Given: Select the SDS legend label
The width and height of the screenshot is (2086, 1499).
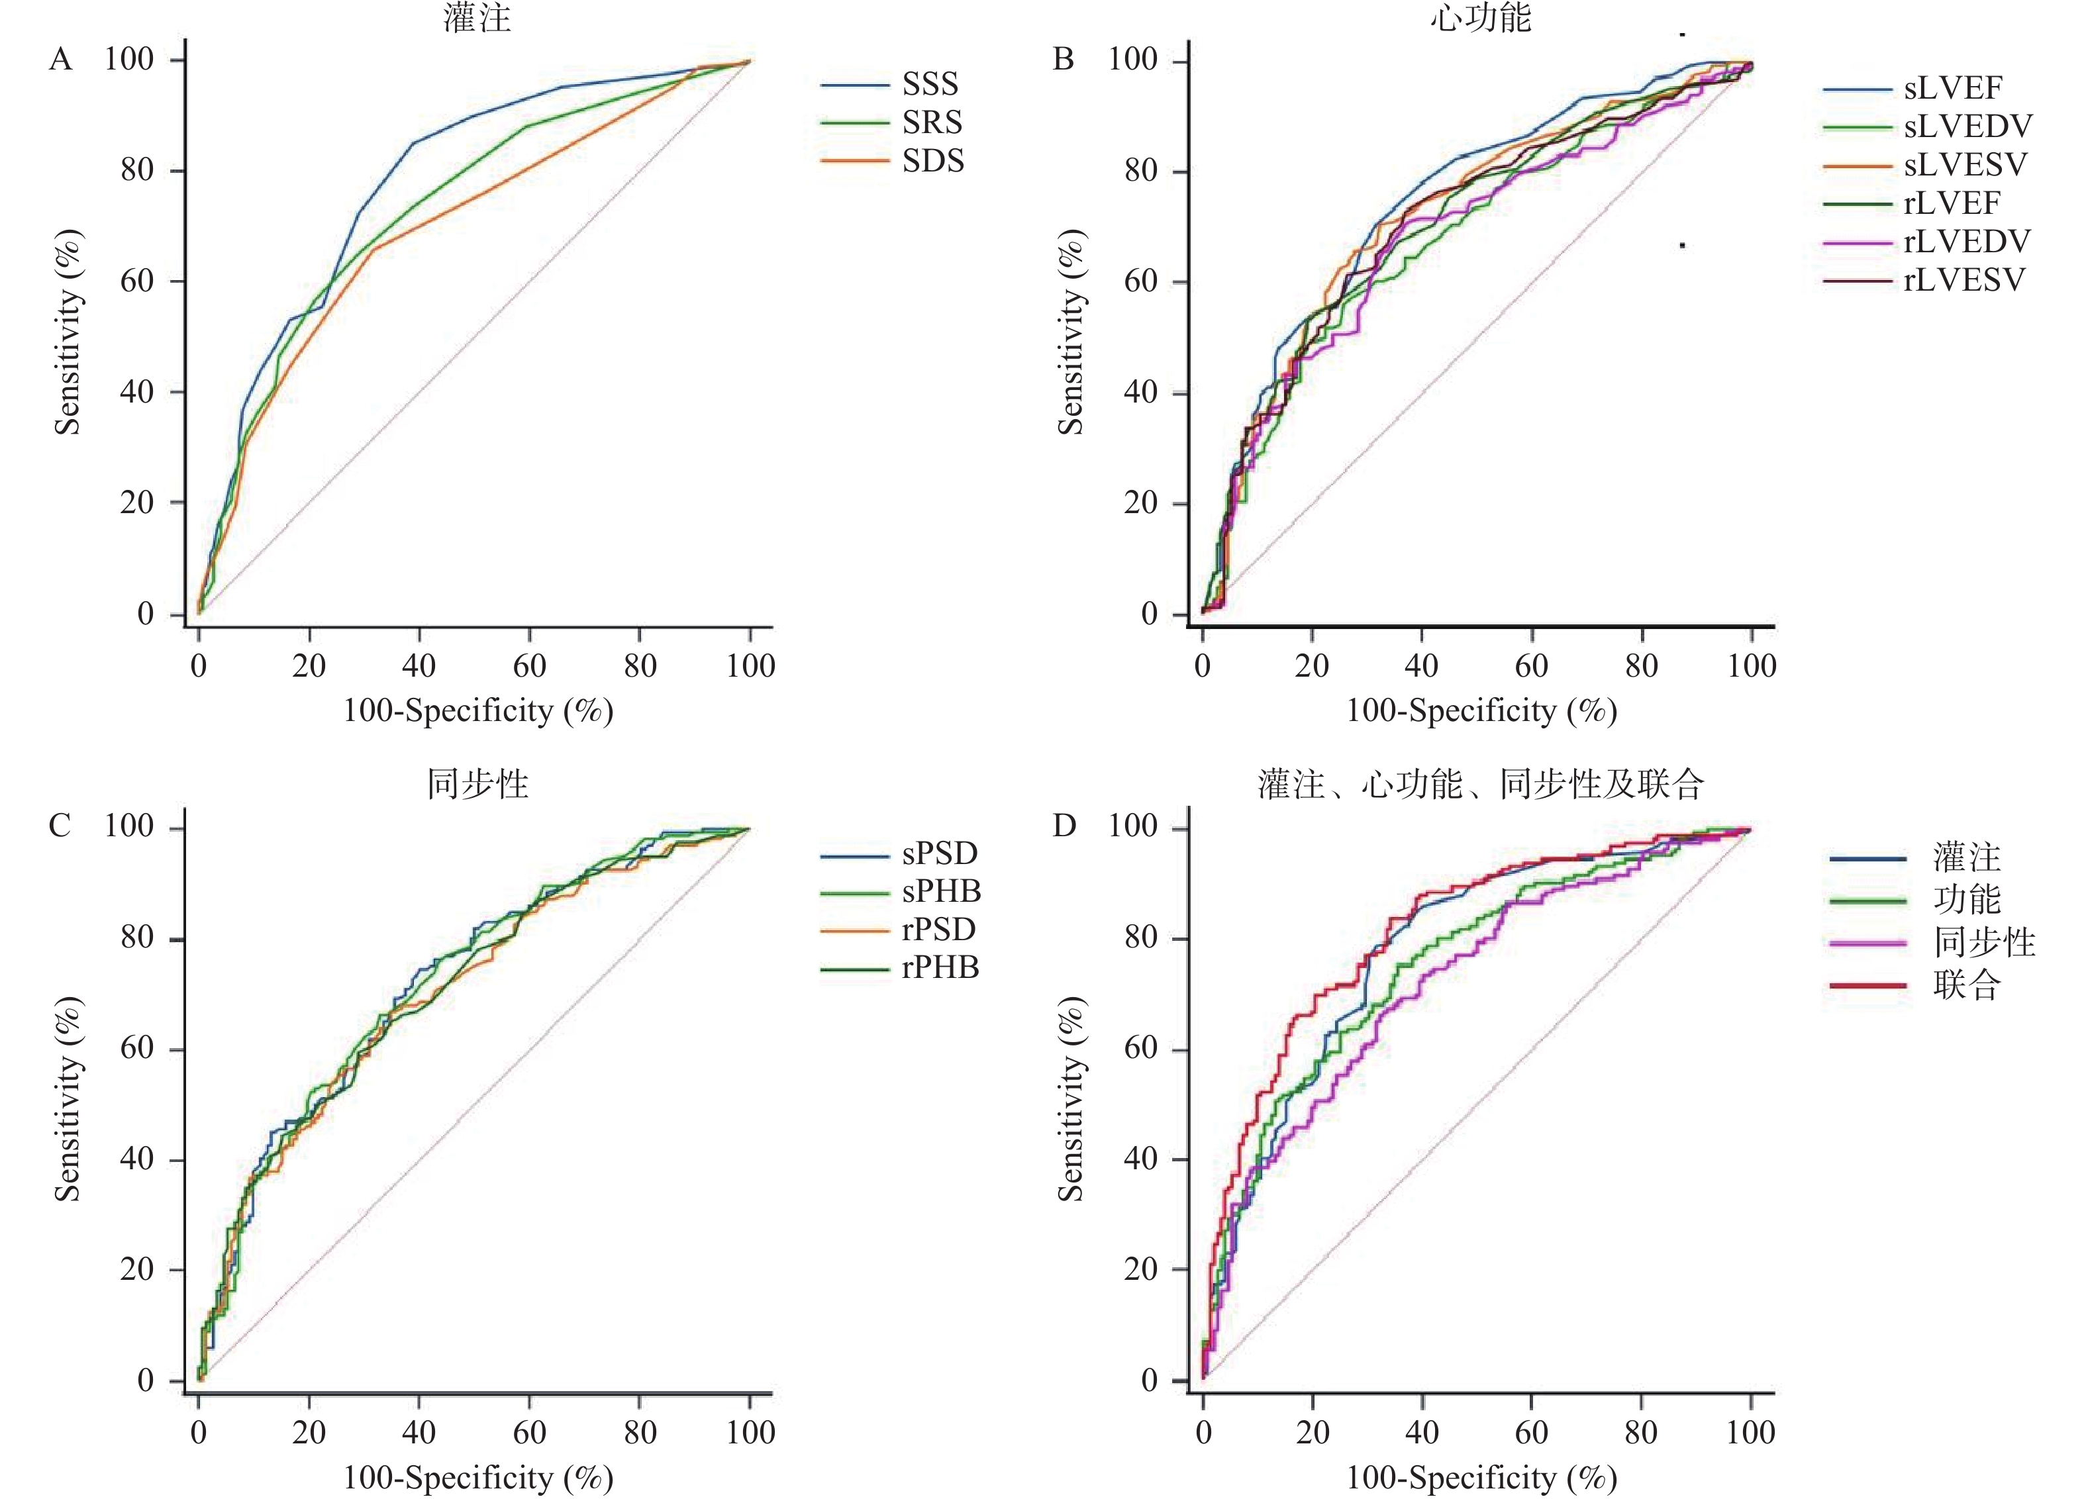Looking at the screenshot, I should click(932, 161).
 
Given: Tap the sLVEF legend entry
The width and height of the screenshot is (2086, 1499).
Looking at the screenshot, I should click(1953, 88).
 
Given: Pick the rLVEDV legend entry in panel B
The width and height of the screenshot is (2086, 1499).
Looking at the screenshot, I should click(1966, 242).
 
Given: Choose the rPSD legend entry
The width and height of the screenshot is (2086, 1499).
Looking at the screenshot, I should click(938, 930).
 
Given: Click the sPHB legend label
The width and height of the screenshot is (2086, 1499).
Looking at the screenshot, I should click(941, 891).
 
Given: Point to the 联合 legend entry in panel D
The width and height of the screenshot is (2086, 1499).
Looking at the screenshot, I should click(1966, 986).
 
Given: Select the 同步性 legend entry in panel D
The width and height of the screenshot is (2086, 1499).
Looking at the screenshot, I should click(1984, 943).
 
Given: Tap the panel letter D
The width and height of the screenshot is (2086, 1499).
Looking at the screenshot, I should click(1064, 826).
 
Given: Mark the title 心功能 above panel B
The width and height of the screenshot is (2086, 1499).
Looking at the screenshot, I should click(1481, 19).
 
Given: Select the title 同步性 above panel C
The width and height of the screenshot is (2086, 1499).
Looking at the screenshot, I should click(477, 785).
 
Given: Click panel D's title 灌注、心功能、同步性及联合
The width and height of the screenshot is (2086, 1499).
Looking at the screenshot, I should click(1481, 785).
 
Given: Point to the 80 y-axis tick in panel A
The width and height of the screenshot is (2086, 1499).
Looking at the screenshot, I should click(137, 170).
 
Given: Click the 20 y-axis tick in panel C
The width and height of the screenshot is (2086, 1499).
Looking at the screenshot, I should click(137, 1270).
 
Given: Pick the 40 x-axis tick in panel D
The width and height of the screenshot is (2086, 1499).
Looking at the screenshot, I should click(1422, 1432).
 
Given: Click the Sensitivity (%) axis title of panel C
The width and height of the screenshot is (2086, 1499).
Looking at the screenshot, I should click(67, 1099).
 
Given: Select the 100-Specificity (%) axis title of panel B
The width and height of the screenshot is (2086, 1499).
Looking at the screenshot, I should click(1481, 711).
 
